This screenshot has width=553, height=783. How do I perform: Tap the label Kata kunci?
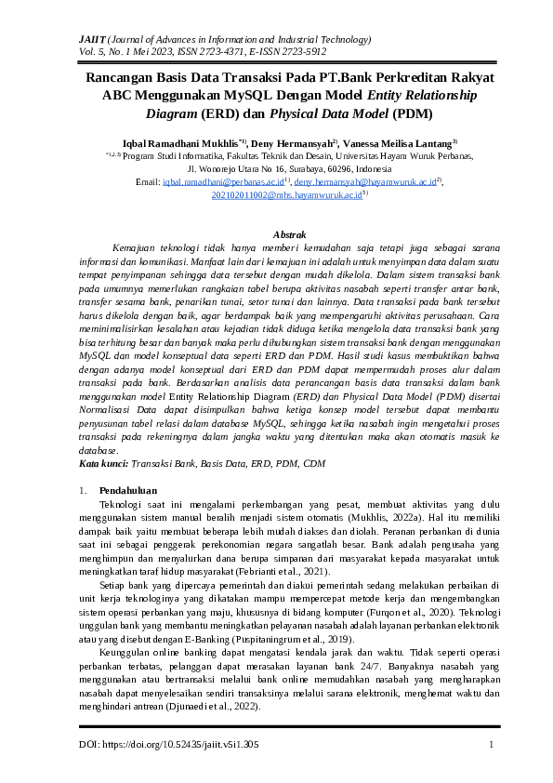click(103, 463)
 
